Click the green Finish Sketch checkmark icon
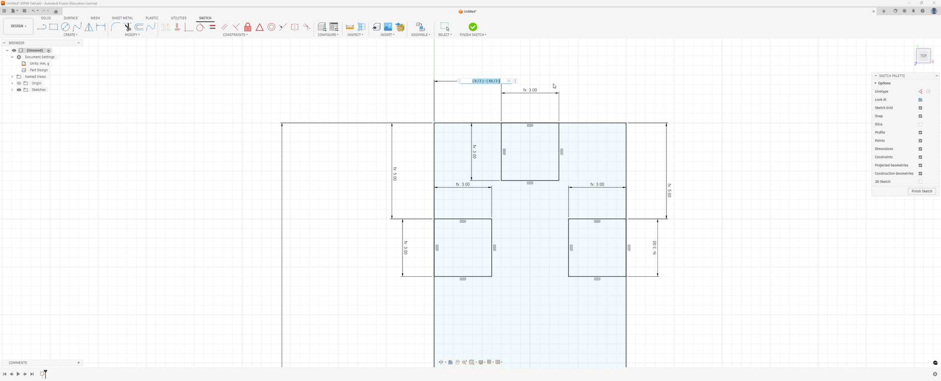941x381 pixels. (x=472, y=27)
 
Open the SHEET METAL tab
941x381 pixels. (x=122, y=18)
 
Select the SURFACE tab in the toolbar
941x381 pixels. (x=70, y=18)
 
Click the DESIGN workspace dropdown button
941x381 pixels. (x=18, y=26)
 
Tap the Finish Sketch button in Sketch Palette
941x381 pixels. (x=922, y=191)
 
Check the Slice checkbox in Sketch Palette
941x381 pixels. (x=920, y=125)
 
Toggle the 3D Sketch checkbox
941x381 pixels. (x=920, y=182)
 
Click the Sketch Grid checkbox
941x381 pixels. (x=920, y=108)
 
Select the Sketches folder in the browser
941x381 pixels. (x=38, y=90)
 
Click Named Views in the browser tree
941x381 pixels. (x=35, y=76)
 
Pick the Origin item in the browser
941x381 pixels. (x=36, y=83)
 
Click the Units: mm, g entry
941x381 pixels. (x=39, y=63)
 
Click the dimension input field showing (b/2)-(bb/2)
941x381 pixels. (x=486, y=81)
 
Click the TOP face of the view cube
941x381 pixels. (x=923, y=56)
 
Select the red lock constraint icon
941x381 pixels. (x=247, y=27)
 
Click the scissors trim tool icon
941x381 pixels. (x=127, y=27)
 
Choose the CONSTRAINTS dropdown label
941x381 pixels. (x=235, y=35)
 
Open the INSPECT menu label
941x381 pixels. (x=355, y=35)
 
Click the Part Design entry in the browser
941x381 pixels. (x=39, y=70)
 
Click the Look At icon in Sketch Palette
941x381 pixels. (x=920, y=100)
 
